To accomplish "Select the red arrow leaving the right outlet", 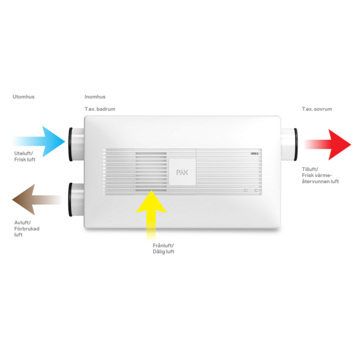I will [326, 144].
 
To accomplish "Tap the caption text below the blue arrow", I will [25, 157].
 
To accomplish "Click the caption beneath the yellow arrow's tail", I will [163, 248].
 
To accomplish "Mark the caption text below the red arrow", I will [320, 175].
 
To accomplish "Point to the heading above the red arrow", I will [317, 109].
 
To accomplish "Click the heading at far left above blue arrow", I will [23, 97].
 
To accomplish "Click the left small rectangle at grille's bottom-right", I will [246, 190].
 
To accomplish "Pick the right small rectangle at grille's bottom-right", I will [257, 190].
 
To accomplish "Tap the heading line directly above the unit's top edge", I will [100, 109].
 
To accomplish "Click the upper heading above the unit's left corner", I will [95, 97].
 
